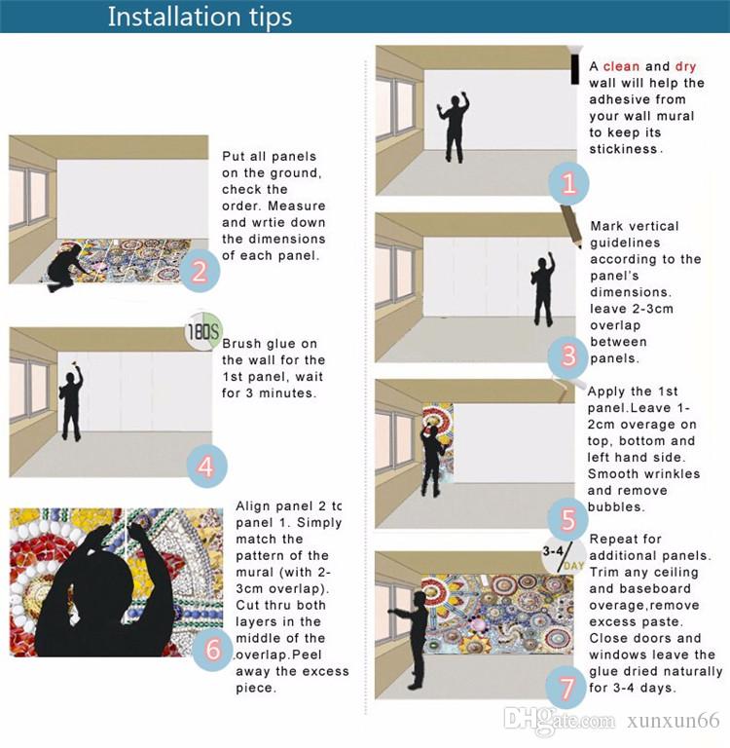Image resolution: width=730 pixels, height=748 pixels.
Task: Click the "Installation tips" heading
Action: point(200,18)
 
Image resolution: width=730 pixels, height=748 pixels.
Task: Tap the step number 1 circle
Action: point(567,184)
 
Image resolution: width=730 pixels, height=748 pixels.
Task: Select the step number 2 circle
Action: point(200,271)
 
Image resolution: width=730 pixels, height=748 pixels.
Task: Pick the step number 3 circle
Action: point(567,355)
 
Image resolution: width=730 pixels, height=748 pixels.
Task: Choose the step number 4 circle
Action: point(206,467)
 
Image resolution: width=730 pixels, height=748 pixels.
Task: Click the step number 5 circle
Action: point(567,519)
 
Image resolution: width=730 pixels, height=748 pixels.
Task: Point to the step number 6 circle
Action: point(213,650)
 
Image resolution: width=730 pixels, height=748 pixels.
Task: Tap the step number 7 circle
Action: point(566,688)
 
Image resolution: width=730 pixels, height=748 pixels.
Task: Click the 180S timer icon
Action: point(203,331)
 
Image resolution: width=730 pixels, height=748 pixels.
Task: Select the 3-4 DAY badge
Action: point(564,557)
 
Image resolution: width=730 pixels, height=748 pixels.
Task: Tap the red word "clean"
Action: point(621,66)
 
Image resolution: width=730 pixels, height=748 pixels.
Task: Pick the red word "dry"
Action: point(685,67)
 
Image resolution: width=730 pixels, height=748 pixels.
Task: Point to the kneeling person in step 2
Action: point(65,269)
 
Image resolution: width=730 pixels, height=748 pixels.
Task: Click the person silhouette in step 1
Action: point(454,127)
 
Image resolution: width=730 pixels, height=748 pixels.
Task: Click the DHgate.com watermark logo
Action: point(559,720)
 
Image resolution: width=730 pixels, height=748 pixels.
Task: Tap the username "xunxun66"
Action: point(674,721)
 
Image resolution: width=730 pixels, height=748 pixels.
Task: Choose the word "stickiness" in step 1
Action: point(623,149)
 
